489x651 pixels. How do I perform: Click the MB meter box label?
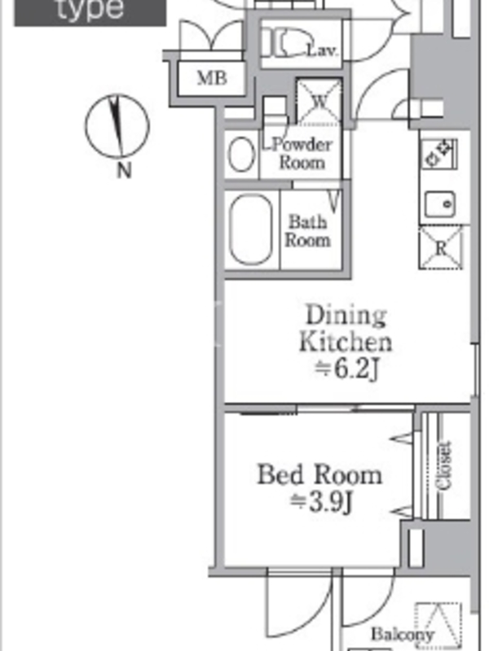212,77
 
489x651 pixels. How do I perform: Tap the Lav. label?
322,50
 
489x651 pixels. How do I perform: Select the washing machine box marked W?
319,102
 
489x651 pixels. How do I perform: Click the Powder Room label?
302,153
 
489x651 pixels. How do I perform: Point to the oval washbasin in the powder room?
241,154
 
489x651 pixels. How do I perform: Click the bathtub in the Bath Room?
251,230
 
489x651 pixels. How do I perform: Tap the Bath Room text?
308,231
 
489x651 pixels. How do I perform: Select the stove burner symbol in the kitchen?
439,154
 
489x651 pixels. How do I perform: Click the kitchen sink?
439,204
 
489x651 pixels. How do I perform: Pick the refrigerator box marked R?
441,248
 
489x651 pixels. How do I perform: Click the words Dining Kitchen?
345,329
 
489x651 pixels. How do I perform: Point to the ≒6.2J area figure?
347,369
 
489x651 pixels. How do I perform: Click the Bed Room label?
319,474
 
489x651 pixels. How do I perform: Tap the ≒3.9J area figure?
321,502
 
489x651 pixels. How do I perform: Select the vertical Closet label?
443,465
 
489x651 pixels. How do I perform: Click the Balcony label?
403,635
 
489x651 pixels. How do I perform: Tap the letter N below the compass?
124,170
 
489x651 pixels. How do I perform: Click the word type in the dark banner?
90,8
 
